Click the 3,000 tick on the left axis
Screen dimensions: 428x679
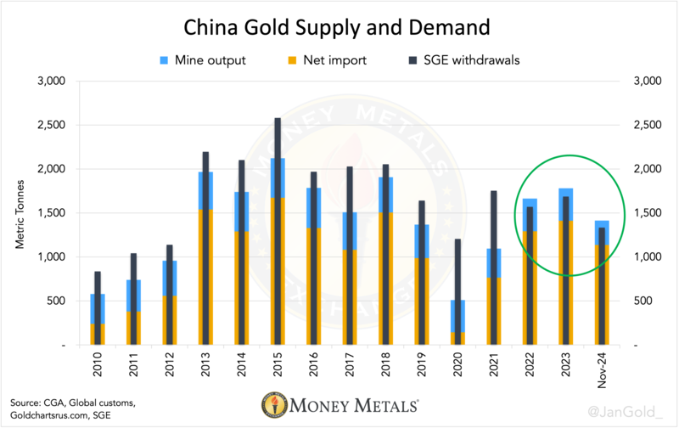[x=52, y=82]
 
